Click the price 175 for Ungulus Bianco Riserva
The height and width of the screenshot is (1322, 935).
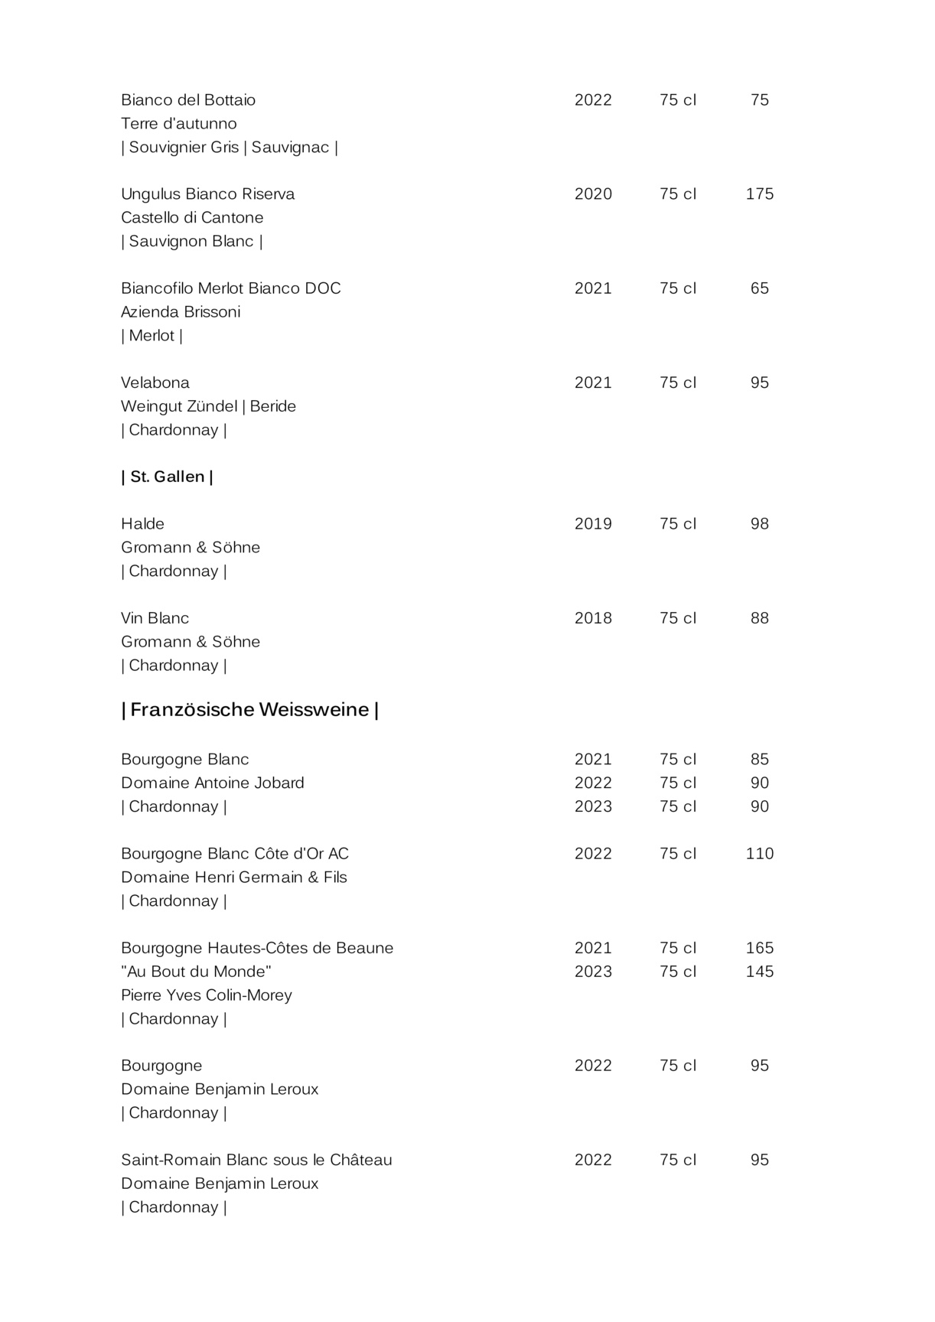tap(759, 194)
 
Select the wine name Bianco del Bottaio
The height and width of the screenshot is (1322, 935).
tap(188, 100)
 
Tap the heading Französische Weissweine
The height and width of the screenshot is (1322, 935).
tap(250, 710)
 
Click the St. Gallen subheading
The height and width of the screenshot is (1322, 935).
tap(167, 477)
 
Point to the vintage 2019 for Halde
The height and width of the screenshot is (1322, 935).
tap(593, 524)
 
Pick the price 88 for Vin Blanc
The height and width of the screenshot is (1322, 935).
tap(759, 618)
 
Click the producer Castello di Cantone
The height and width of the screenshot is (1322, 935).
tap(192, 218)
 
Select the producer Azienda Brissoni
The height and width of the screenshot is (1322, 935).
tap(181, 312)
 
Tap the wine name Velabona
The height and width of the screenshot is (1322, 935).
tap(155, 383)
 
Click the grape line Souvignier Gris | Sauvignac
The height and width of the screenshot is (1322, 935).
tap(230, 148)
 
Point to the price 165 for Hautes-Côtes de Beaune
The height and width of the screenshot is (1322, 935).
tap(759, 948)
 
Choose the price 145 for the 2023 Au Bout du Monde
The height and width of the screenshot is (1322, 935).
tap(759, 972)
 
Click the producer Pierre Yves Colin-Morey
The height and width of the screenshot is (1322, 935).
tap(207, 995)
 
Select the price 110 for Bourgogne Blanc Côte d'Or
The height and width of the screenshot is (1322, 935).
tap(759, 854)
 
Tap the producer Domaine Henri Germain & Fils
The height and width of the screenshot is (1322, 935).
tap(234, 878)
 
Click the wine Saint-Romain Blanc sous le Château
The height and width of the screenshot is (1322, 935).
tap(256, 1160)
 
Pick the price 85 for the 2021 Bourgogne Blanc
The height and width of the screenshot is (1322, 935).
tap(759, 760)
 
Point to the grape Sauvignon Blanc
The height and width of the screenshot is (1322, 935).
tap(191, 242)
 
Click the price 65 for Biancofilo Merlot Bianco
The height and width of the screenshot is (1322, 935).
tap(759, 288)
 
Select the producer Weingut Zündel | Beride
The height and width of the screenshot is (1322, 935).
tap(208, 406)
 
